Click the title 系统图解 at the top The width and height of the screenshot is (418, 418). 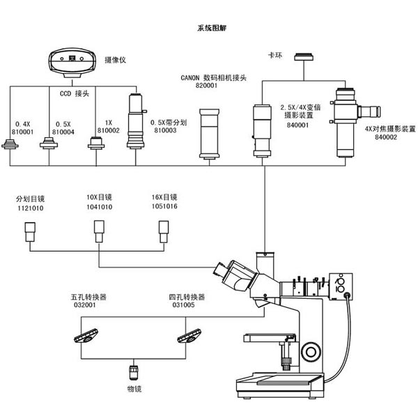(212, 28)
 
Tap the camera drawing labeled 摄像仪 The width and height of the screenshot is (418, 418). (72, 63)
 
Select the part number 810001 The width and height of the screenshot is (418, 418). (23, 132)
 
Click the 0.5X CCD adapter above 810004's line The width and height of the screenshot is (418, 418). (49, 143)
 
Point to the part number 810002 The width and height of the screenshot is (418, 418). (109, 131)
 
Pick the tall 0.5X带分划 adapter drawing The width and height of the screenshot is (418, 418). (137, 121)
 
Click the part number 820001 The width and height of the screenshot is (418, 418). (207, 86)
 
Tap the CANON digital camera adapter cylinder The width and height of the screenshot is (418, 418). (209, 134)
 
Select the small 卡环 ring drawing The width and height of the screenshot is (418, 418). (304, 57)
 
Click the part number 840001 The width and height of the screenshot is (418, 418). (297, 125)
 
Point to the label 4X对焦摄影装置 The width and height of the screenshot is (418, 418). (390, 129)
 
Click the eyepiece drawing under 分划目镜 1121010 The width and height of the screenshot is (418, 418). (30, 232)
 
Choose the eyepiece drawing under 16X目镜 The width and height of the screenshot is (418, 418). (164, 232)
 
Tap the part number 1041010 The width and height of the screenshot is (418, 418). (100, 207)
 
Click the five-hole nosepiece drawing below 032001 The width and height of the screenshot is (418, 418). (86, 336)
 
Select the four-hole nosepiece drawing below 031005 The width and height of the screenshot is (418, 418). (189, 336)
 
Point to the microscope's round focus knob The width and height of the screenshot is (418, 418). (311, 352)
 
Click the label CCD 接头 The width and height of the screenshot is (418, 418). (75, 93)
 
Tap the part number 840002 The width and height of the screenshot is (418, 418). (386, 137)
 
